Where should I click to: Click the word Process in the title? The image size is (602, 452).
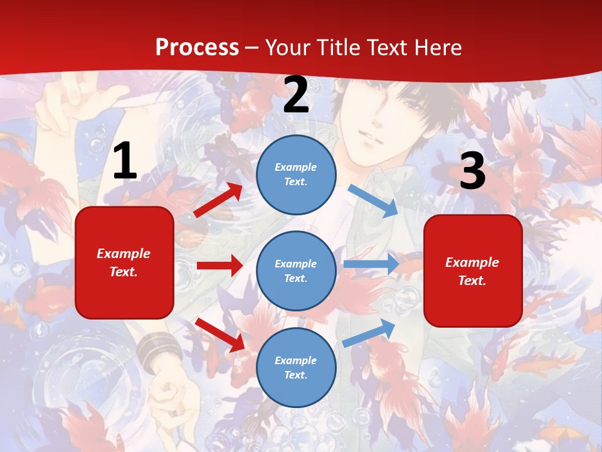click(x=197, y=48)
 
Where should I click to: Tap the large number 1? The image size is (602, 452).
click(x=124, y=162)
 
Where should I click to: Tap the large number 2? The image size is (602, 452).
click(x=296, y=95)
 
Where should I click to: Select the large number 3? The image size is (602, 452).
click(x=472, y=171)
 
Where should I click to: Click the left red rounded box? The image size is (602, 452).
click(x=124, y=262)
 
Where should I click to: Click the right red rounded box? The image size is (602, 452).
click(x=473, y=271)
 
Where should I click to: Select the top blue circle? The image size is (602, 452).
click(x=296, y=175)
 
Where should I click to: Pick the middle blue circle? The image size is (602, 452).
click(x=296, y=271)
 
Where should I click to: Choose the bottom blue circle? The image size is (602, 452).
click(x=296, y=367)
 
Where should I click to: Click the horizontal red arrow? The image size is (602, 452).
click(x=219, y=266)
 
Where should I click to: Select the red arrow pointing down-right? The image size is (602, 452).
click(x=220, y=335)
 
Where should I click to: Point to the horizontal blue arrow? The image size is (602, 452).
click(x=371, y=264)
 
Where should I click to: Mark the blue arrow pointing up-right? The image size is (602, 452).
click(x=369, y=333)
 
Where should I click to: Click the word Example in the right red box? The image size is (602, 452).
click(x=472, y=262)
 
